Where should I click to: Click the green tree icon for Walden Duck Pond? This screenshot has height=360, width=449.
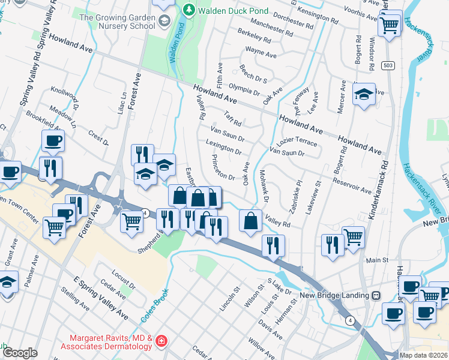point(188,10)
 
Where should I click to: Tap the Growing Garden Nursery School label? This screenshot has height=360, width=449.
point(117,22)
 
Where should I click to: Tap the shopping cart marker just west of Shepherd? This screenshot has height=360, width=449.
point(132,220)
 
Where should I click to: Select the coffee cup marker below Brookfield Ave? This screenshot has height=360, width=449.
point(53,140)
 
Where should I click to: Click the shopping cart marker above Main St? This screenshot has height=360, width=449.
point(353,236)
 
